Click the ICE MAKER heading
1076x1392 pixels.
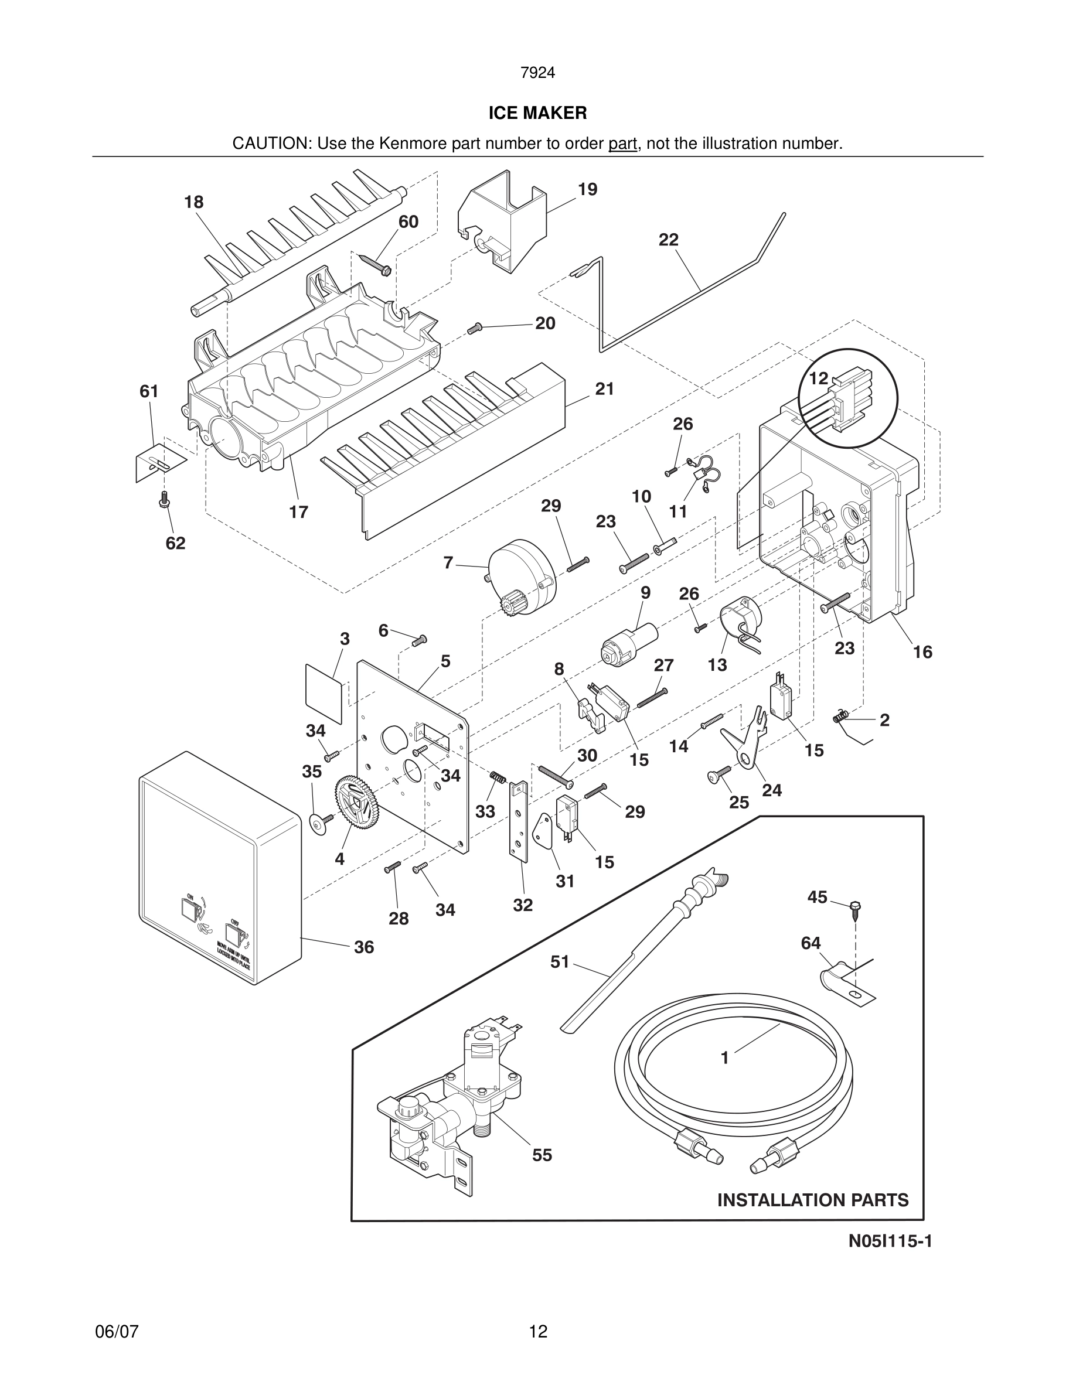pyautogui.click(x=537, y=114)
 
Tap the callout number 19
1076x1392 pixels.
pyautogui.click(x=587, y=189)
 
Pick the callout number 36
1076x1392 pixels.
pyautogui.click(x=364, y=947)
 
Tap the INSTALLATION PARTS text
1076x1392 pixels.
pyautogui.click(x=813, y=1200)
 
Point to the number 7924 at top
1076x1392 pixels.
pyautogui.click(x=537, y=73)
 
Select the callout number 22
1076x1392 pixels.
pyautogui.click(x=668, y=240)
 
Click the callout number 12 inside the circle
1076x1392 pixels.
pyautogui.click(x=818, y=378)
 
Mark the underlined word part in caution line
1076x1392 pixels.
pyautogui.click(x=622, y=144)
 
